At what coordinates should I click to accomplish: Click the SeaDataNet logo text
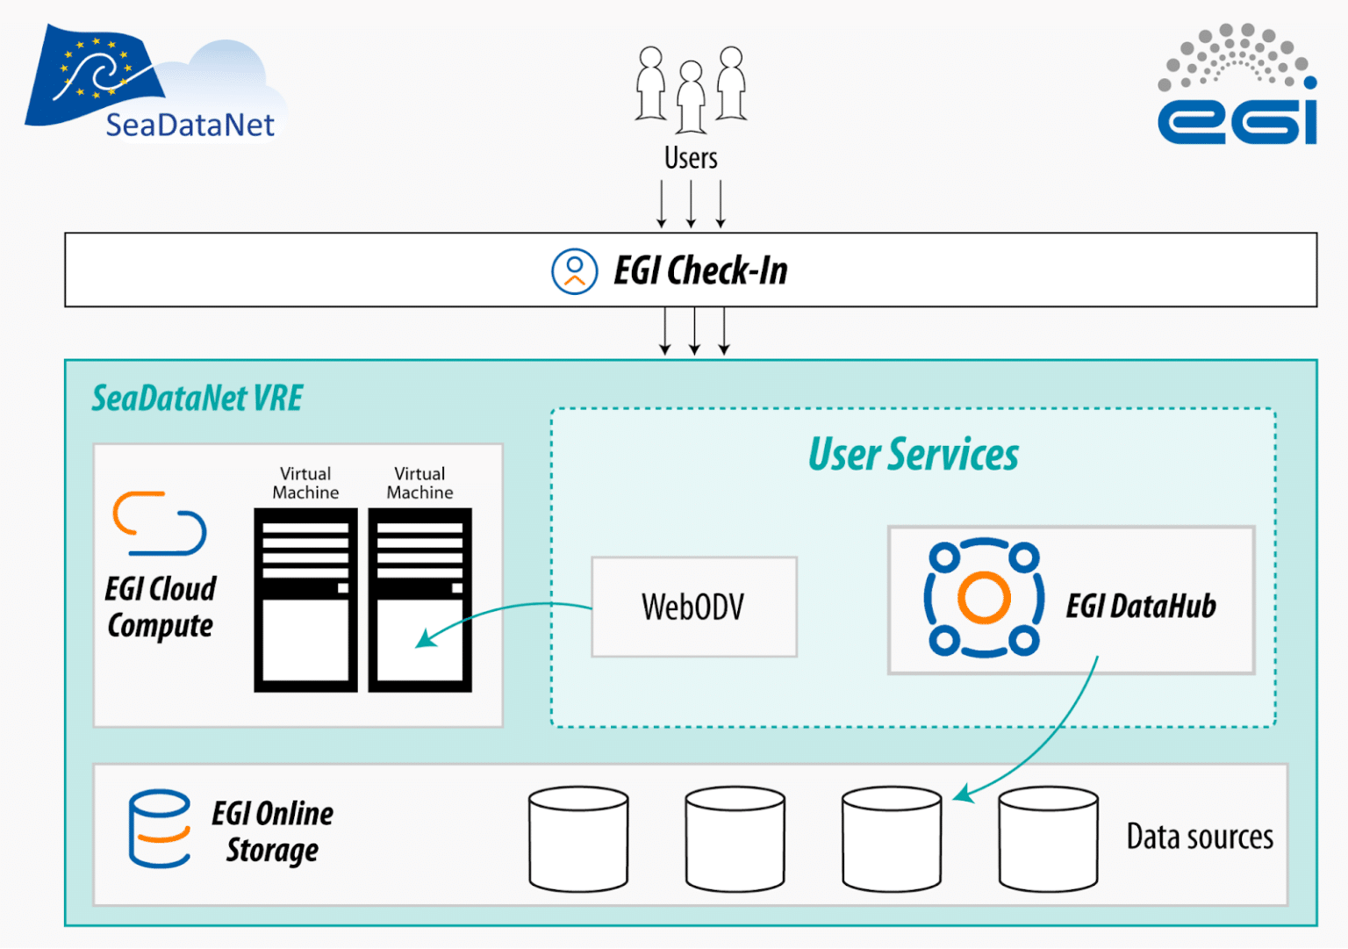tap(190, 126)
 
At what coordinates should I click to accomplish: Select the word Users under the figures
tap(691, 158)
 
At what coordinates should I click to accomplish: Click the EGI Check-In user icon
tap(574, 270)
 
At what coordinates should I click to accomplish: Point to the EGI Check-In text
tap(700, 270)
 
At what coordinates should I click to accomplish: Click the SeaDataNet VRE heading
tap(197, 399)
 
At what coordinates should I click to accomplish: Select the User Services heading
tap(913, 455)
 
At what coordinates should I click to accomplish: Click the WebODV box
tap(693, 607)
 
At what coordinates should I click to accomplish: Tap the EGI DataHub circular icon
tap(984, 598)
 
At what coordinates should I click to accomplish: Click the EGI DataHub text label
tap(1140, 606)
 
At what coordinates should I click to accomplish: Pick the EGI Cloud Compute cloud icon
tap(159, 523)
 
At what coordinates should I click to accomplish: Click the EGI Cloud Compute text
tap(160, 607)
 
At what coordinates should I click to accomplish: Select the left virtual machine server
tap(305, 600)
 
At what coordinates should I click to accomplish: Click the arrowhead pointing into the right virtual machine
tap(424, 638)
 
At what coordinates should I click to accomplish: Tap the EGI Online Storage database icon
tap(159, 829)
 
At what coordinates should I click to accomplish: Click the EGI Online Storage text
tap(272, 831)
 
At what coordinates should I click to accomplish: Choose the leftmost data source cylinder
tap(578, 838)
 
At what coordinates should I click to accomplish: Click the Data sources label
tap(1199, 838)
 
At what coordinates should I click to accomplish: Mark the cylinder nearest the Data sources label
tap(1048, 838)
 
